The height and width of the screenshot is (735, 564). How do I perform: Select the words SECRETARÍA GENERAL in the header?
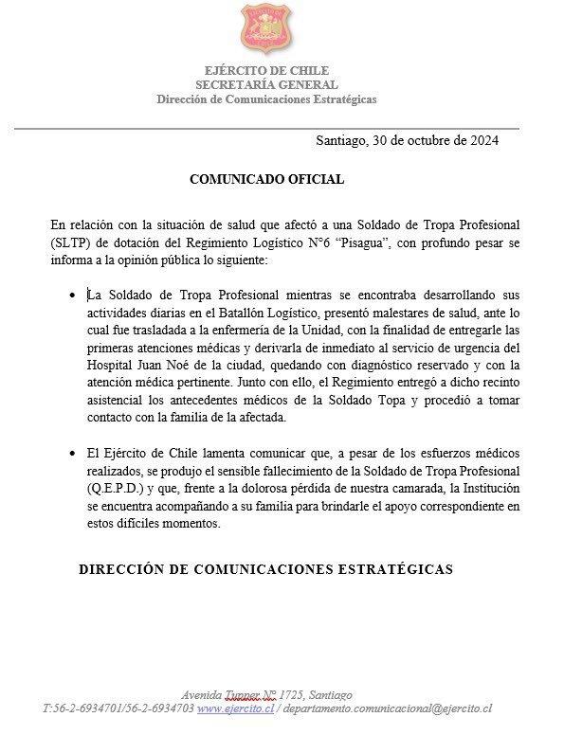click(267, 85)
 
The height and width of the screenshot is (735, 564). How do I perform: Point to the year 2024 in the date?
click(480, 141)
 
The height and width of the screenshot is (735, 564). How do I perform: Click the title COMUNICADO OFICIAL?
click(267, 178)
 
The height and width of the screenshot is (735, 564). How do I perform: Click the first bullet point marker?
click(73, 296)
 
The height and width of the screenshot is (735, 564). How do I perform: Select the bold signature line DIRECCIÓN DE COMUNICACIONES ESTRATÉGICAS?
click(265, 569)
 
